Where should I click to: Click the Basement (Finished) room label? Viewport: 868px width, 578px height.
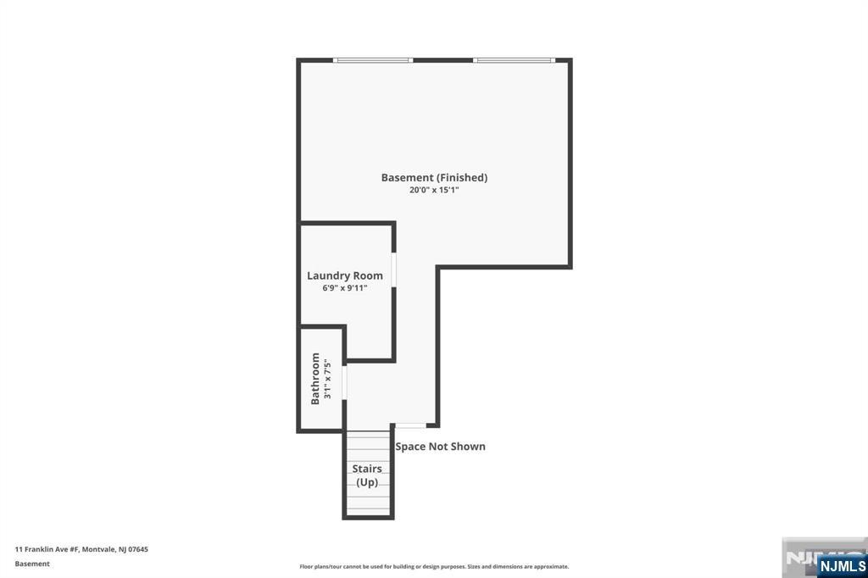[x=434, y=177]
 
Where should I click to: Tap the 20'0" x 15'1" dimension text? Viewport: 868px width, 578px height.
[x=434, y=190]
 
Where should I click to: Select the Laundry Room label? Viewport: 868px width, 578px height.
[x=344, y=275]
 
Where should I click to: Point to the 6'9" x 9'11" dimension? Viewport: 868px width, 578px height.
[x=344, y=288]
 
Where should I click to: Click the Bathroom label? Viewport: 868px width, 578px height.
[x=315, y=378]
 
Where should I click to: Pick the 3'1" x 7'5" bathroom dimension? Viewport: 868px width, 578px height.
[x=326, y=379]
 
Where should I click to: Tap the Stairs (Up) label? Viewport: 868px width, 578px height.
[x=367, y=475]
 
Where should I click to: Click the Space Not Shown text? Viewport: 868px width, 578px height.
[x=440, y=447]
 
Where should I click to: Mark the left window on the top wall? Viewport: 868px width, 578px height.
[x=372, y=60]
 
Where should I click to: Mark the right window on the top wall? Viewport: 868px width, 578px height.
[x=513, y=60]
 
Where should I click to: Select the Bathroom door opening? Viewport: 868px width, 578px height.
[x=344, y=381]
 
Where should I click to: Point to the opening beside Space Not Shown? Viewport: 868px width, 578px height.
[x=410, y=425]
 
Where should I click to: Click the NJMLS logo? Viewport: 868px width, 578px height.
[x=841, y=565]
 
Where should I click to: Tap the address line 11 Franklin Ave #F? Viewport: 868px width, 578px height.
[x=47, y=549]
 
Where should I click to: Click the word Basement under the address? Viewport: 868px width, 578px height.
[x=32, y=564]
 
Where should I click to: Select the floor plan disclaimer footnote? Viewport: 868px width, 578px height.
[x=434, y=566]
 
